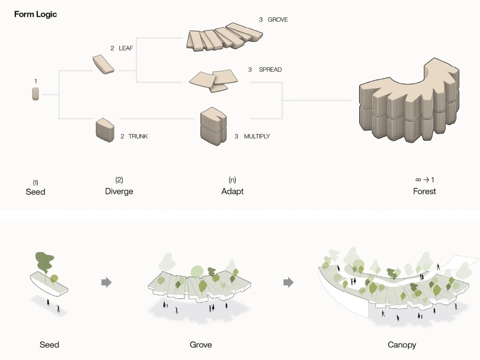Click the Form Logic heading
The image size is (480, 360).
coord(35,14)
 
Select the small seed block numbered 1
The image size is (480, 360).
coord(36,94)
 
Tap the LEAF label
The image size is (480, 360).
coord(126,48)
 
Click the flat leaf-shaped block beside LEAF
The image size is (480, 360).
coord(103,64)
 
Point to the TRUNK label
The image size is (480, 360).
coord(138,136)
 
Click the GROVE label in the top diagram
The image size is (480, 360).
coord(277,19)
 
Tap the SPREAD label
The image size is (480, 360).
coord(270,69)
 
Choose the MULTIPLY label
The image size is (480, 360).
coord(257,136)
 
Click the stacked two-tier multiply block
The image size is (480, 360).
coord(213,127)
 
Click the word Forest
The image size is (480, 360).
coord(424,191)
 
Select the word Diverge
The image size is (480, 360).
coord(119,191)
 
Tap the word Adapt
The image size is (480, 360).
coord(232,191)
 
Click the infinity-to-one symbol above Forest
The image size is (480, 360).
coord(424,180)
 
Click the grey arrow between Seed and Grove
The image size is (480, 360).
coord(106,282)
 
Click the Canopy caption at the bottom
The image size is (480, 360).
coord(402,345)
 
